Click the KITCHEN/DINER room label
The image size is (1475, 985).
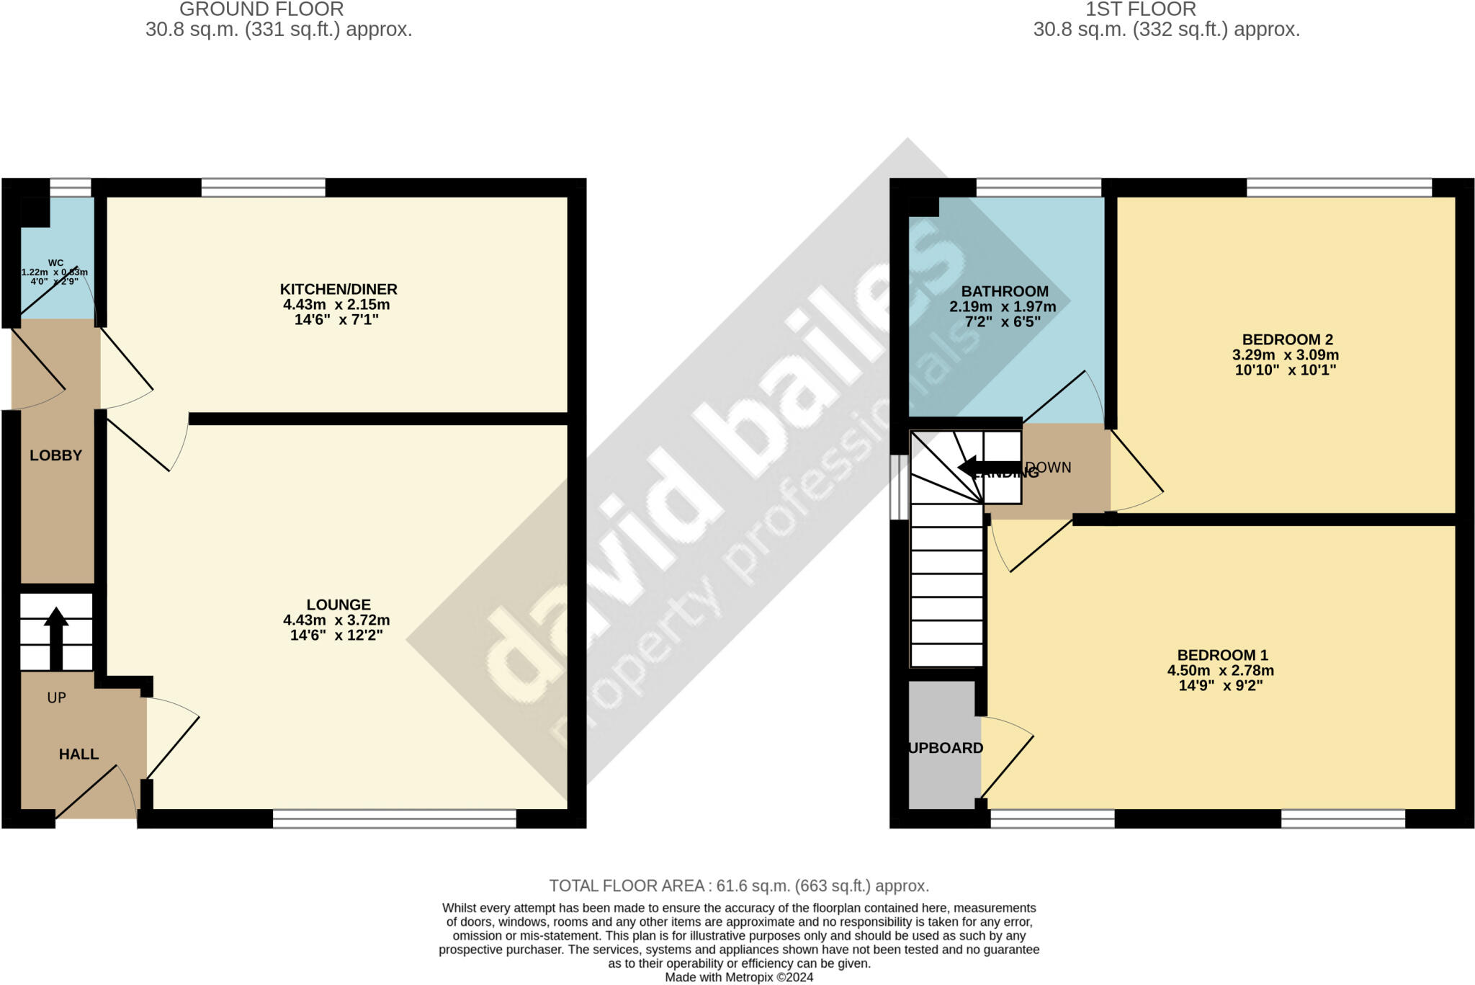[x=339, y=290]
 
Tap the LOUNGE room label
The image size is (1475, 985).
[x=339, y=605]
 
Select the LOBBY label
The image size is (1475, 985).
[x=55, y=455]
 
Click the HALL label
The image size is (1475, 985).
[x=79, y=754]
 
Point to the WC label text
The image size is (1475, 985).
[x=55, y=263]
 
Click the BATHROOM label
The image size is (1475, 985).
[x=1005, y=292]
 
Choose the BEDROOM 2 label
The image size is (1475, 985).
[x=1287, y=339]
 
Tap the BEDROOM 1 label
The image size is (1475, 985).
[x=1222, y=655]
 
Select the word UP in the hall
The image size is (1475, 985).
[x=56, y=697]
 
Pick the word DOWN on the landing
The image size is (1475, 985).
[x=1049, y=468]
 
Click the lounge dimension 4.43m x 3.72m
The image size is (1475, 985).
[x=336, y=620]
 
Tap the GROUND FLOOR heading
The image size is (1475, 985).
[x=261, y=10]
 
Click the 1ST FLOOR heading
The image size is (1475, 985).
[x=1140, y=10]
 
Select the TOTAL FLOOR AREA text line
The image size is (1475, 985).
[x=739, y=886]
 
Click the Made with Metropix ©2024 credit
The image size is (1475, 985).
[x=739, y=978]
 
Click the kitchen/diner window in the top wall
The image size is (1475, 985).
[x=263, y=188]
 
